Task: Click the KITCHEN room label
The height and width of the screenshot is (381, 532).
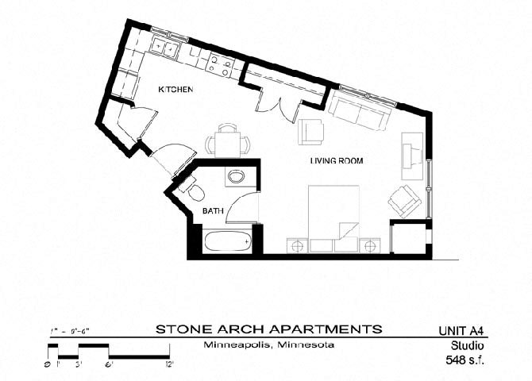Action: coord(176,90)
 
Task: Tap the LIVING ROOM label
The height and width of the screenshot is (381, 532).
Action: coord(336,161)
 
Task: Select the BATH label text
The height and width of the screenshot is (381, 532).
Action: coord(212,211)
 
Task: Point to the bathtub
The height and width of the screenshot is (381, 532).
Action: coord(228,240)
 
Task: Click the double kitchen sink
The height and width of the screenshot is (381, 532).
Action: coord(167,47)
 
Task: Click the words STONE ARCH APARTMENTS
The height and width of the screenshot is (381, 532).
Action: coord(268,329)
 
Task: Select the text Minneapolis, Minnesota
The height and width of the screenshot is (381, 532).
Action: coord(268,345)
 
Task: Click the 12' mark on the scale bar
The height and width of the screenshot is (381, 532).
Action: coord(169,364)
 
